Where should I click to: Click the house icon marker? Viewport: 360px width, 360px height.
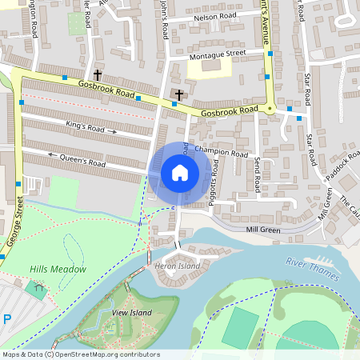(x=180, y=172)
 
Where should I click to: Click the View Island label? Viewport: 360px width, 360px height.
(x=131, y=312)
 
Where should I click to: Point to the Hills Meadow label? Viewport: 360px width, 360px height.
(x=58, y=270)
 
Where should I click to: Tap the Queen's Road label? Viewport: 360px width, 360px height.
(x=82, y=159)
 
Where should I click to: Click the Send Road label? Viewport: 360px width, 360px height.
(x=257, y=174)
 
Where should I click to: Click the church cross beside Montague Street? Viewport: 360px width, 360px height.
(x=178, y=96)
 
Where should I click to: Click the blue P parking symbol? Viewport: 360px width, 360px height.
(x=7, y=319)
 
